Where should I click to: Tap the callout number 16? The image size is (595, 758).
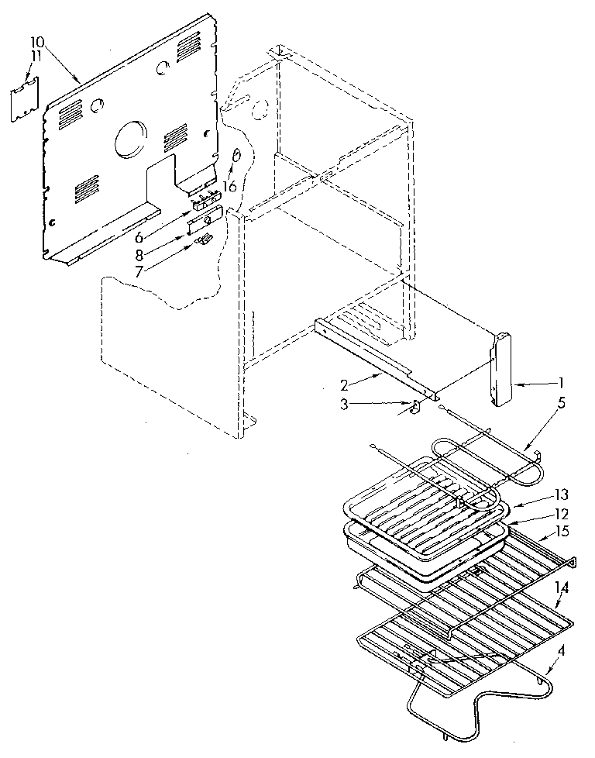point(229,186)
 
